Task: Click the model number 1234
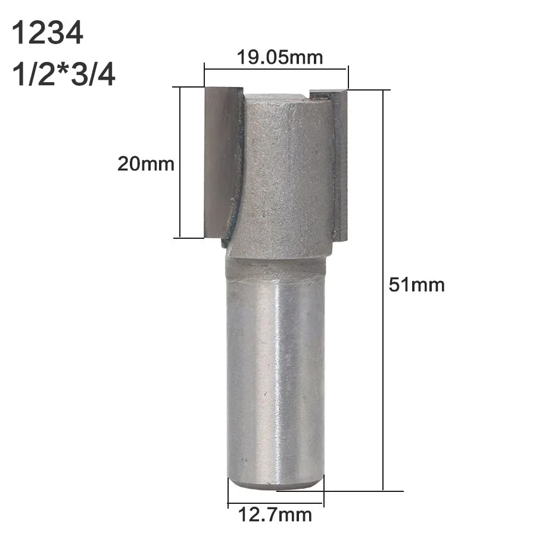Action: click(x=48, y=33)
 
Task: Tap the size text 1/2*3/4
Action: click(x=64, y=75)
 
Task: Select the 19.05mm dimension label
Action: click(x=280, y=57)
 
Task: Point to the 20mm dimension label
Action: click(x=146, y=164)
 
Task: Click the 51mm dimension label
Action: click(x=416, y=285)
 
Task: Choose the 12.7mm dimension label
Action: click(x=275, y=515)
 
